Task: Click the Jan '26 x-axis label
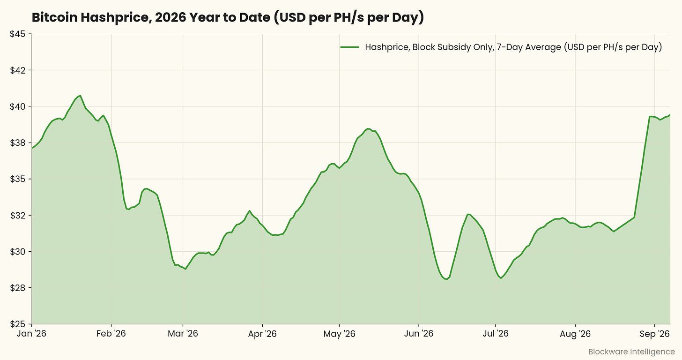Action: [x=31, y=333]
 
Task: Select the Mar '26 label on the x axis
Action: [x=183, y=333]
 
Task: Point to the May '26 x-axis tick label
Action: [x=339, y=334]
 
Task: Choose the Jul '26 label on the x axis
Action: [x=496, y=333]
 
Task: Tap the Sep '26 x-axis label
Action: [x=655, y=334]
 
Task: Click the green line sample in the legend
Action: [x=349, y=47]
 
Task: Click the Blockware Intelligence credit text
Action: [x=631, y=352]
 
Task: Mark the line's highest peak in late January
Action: [x=80, y=96]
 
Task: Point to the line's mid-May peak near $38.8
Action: [x=368, y=128]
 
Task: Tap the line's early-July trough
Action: [x=501, y=278]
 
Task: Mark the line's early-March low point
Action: [x=185, y=269]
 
